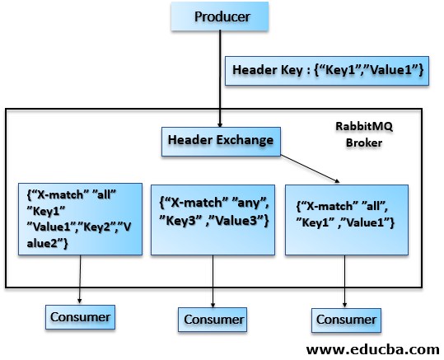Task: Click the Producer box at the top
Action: click(222, 16)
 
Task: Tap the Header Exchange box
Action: click(221, 140)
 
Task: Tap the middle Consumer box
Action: click(213, 319)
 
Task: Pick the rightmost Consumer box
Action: click(346, 318)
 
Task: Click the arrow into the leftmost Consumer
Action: click(80, 280)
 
